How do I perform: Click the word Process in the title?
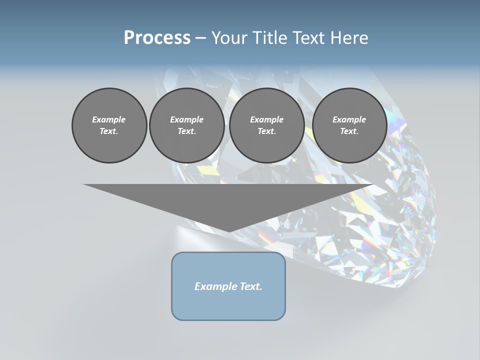pyautogui.click(x=157, y=37)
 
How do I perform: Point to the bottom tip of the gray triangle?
pyautogui.click(x=229, y=231)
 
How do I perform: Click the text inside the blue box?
pyautogui.click(x=228, y=286)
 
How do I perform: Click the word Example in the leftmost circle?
pyautogui.click(x=109, y=119)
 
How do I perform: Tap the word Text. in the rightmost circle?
pyautogui.click(x=349, y=131)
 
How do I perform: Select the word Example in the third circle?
pyautogui.click(x=266, y=119)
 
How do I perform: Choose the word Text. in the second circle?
pyautogui.click(x=186, y=131)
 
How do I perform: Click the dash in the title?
pyautogui.click(x=200, y=38)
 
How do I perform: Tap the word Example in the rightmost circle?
pyautogui.click(x=349, y=119)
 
